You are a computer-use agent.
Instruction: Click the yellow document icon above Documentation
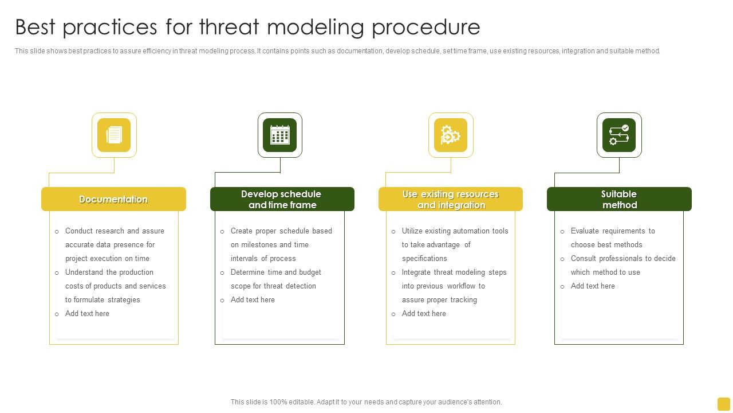coord(114,135)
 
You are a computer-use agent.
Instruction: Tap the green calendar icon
coord(280,135)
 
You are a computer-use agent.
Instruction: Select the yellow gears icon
coord(451,135)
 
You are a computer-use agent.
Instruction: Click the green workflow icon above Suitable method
coord(619,135)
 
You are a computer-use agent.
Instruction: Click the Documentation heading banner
coord(113,199)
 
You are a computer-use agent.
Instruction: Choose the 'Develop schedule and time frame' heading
coord(282,199)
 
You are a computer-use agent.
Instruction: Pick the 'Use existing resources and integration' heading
coord(451,199)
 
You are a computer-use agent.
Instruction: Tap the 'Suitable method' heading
coord(619,199)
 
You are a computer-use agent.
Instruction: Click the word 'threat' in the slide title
coord(229,27)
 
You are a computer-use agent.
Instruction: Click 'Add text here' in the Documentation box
coord(87,314)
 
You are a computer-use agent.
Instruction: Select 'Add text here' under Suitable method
coord(593,286)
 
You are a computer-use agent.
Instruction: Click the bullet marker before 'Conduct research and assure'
coord(57,232)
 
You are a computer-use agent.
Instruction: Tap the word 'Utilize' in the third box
coord(413,231)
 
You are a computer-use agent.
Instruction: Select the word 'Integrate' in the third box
coord(416,272)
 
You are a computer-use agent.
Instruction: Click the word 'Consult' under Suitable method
coord(584,259)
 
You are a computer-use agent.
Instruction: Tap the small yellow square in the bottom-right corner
coord(723,404)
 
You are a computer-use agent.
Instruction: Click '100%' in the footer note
coord(277,402)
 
